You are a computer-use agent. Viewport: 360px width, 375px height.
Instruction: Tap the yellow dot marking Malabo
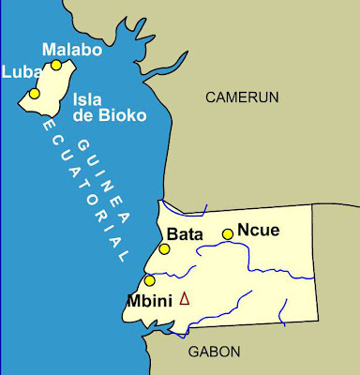click(x=56, y=65)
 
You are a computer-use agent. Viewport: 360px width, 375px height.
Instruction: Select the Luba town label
click(x=18, y=71)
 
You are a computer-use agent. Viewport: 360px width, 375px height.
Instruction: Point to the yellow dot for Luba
click(x=35, y=94)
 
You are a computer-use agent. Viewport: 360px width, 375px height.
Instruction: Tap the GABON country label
click(x=214, y=352)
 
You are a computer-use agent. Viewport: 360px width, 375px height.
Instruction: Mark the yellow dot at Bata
click(x=164, y=249)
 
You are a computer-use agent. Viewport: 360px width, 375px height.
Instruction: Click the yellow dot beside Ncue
click(x=227, y=234)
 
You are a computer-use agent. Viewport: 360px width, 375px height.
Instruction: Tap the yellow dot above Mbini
click(x=150, y=280)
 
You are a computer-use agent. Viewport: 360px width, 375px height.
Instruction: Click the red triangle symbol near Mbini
click(x=184, y=299)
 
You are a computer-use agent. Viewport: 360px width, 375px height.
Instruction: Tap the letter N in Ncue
click(x=243, y=228)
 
